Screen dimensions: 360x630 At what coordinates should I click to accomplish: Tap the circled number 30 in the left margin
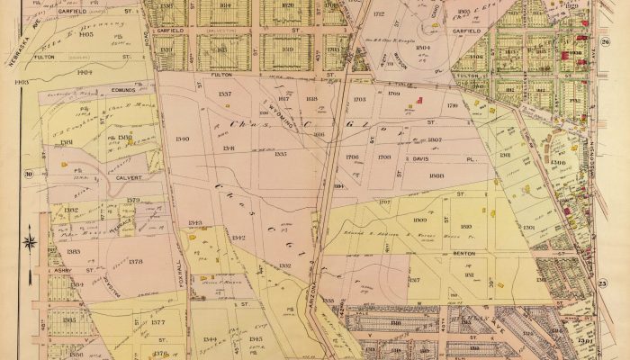point(29,174)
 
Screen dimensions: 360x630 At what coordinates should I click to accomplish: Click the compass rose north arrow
point(29,241)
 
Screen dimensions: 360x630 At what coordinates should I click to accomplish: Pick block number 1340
point(184,139)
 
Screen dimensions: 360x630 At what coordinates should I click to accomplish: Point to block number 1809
point(419,220)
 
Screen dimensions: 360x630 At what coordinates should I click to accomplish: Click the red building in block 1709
point(416,105)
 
